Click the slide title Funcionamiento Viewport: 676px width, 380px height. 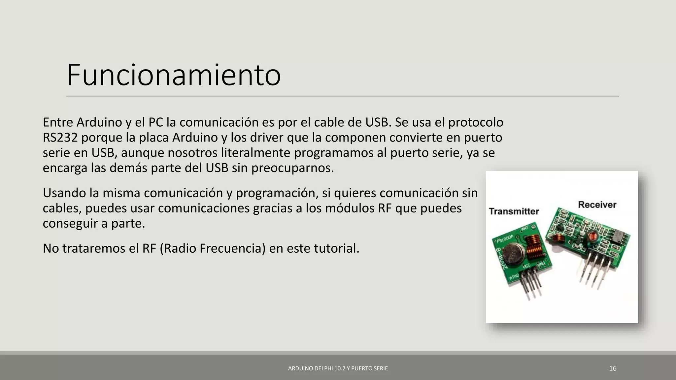coord(174,75)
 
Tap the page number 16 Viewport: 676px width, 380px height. coord(613,368)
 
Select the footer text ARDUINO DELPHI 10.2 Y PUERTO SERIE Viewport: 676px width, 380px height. coord(338,368)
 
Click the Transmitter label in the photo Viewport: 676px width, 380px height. coord(514,211)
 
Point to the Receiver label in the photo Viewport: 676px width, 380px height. coord(597,205)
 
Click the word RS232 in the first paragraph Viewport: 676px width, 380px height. coord(60,138)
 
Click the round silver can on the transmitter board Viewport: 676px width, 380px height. coord(514,254)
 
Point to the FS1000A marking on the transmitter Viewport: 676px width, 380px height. coord(505,239)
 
